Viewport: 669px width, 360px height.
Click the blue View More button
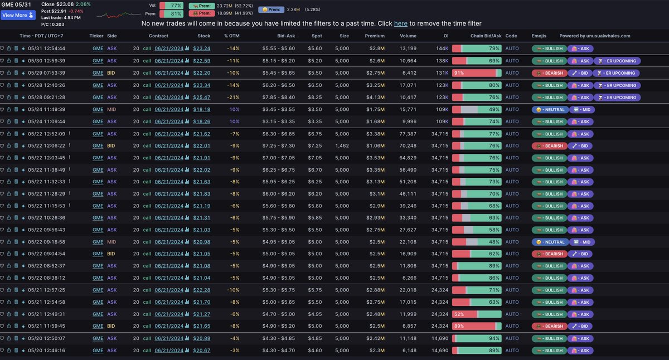18,15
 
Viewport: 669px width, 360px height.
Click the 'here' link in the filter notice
400,23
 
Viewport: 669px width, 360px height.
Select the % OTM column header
231,36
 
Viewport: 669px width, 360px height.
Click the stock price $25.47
201,98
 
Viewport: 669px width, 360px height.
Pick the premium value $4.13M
375,98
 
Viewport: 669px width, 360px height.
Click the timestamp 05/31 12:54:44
46,49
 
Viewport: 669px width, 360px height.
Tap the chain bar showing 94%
477,338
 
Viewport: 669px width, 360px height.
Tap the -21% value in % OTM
232,98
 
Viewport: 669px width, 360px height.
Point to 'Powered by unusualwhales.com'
594,36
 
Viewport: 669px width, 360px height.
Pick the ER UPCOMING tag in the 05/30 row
616,61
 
